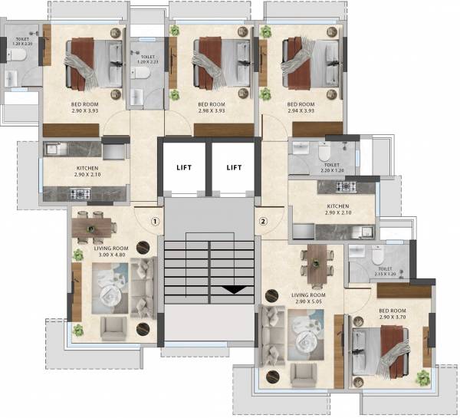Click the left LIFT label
[x=184, y=167]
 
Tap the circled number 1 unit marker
[x=155, y=223]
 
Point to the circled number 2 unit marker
[x=263, y=223]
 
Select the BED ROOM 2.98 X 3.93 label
[x=212, y=107]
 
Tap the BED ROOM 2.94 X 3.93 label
[x=301, y=107]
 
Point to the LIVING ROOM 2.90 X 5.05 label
[x=308, y=298]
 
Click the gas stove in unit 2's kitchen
[x=346, y=186]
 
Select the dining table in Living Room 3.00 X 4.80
[x=93, y=226]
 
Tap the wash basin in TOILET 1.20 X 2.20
[x=12, y=77]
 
